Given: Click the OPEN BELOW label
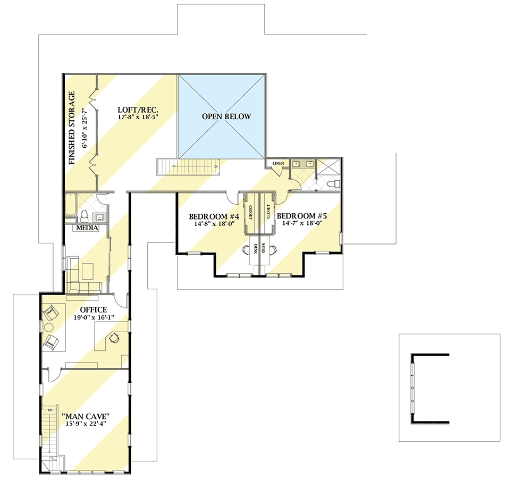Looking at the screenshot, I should pos(225,116).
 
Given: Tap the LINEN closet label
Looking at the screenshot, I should pos(278,163).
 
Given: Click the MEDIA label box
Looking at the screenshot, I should pos(88,229).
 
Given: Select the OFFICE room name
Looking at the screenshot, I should pos(94,309).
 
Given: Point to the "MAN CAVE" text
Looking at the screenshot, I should pos(86,416).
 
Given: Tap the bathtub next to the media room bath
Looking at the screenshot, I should pos(71,207).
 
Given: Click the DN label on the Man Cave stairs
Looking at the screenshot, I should pos(50,410).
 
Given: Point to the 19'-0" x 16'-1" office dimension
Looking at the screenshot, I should pos(94,318).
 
